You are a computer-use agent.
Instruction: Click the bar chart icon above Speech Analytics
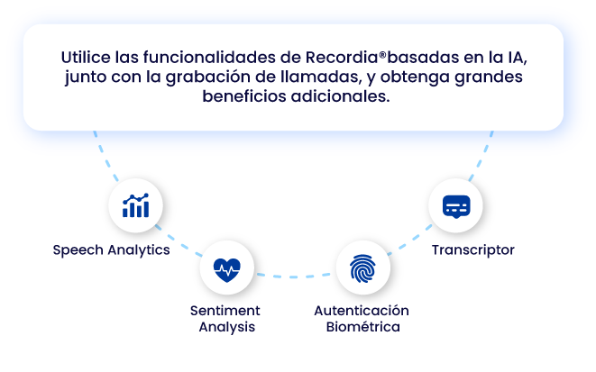[x=135, y=205]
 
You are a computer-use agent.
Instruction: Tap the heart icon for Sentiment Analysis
[x=227, y=270]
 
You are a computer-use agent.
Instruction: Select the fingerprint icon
[x=362, y=268]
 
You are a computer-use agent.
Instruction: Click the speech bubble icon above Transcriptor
[x=456, y=206]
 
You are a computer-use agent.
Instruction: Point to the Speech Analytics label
[x=112, y=250]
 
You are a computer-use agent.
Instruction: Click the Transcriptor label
[x=473, y=250]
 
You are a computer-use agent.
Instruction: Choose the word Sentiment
[x=225, y=311]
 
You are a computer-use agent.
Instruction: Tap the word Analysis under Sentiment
[x=227, y=327]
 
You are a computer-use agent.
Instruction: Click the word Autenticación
[x=362, y=311]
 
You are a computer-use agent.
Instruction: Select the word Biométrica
[x=363, y=327]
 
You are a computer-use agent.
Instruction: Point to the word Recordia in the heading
[x=342, y=58]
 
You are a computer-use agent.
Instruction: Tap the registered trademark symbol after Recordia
[x=382, y=55]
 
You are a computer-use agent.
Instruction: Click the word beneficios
[x=244, y=96]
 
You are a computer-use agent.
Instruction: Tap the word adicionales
[x=341, y=96]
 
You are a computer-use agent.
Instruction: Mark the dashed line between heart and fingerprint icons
[x=293, y=277]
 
